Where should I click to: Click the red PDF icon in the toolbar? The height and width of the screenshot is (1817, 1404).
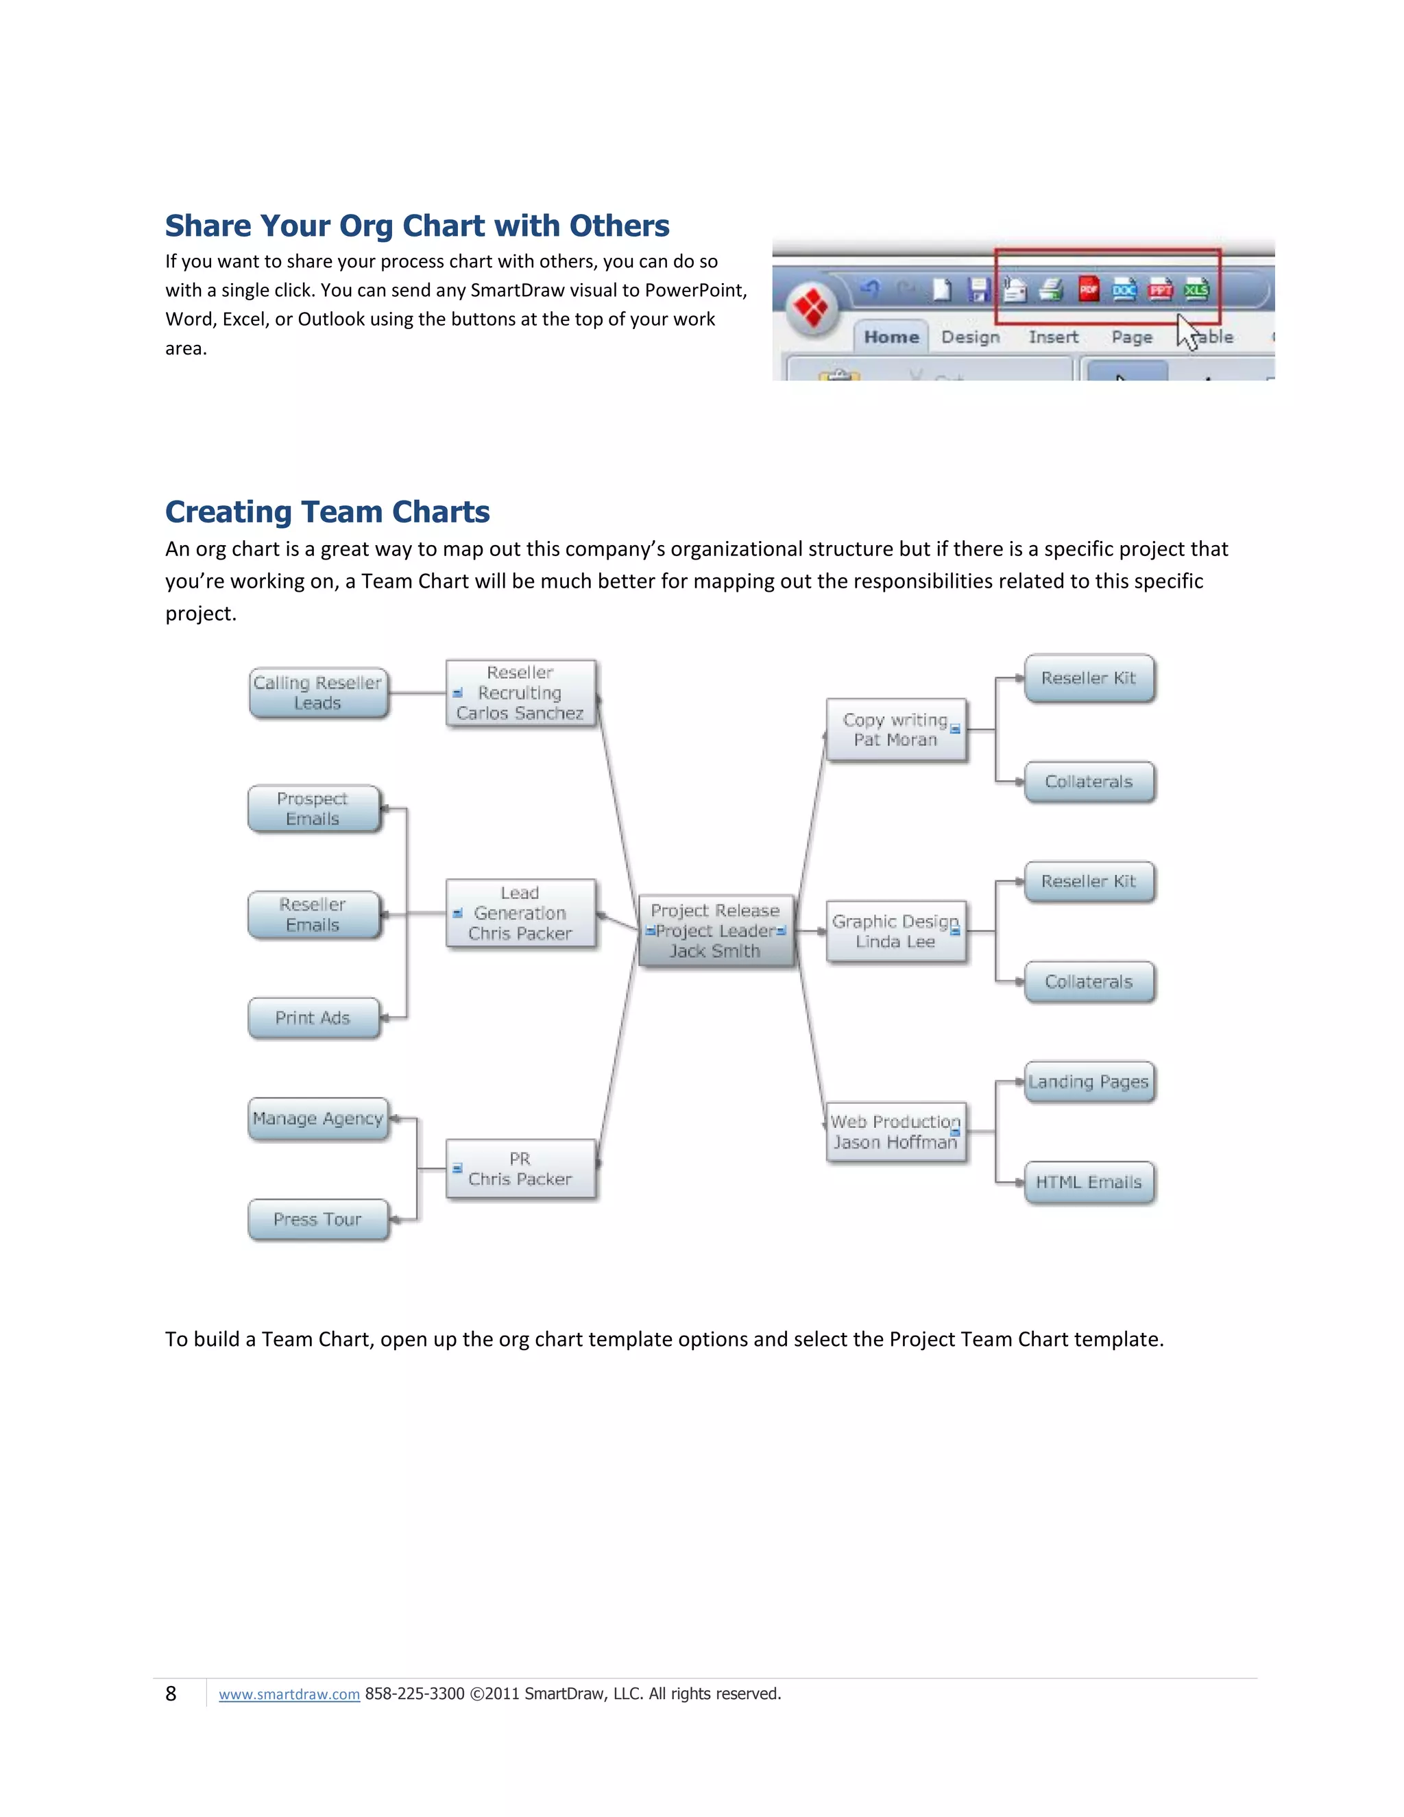(1088, 289)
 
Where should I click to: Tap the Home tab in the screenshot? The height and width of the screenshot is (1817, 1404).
(891, 337)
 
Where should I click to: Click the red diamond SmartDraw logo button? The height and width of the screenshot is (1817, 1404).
(811, 307)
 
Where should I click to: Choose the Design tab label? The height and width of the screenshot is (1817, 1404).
(970, 337)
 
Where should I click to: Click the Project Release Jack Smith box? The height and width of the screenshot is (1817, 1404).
(715, 931)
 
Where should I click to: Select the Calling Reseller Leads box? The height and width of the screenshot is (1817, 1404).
(317, 693)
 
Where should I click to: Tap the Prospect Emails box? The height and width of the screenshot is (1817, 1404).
(313, 808)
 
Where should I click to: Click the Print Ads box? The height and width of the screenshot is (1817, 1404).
(313, 1018)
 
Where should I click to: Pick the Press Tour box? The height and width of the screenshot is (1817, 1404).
(317, 1219)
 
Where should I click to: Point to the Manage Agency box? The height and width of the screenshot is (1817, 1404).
(317, 1119)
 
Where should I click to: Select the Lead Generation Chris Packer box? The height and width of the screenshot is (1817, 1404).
(521, 913)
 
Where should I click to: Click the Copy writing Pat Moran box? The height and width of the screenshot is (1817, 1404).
(896, 730)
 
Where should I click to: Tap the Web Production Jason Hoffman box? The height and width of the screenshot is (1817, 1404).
(896, 1131)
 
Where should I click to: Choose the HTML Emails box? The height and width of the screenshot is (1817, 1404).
(1089, 1182)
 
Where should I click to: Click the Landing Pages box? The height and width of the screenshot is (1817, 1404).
(1089, 1081)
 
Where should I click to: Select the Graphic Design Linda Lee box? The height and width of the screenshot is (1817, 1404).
(896, 932)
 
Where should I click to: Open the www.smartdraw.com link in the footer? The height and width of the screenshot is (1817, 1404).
(289, 1694)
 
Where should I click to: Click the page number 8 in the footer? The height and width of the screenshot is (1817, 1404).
(171, 1694)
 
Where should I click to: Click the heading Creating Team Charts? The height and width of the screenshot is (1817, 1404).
(327, 512)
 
